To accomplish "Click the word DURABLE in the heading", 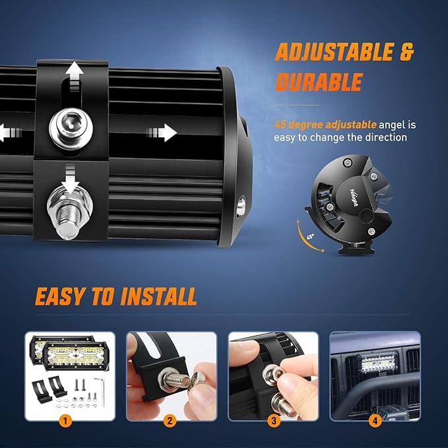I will [x=319, y=82].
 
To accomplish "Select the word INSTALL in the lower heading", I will [x=158, y=297].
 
